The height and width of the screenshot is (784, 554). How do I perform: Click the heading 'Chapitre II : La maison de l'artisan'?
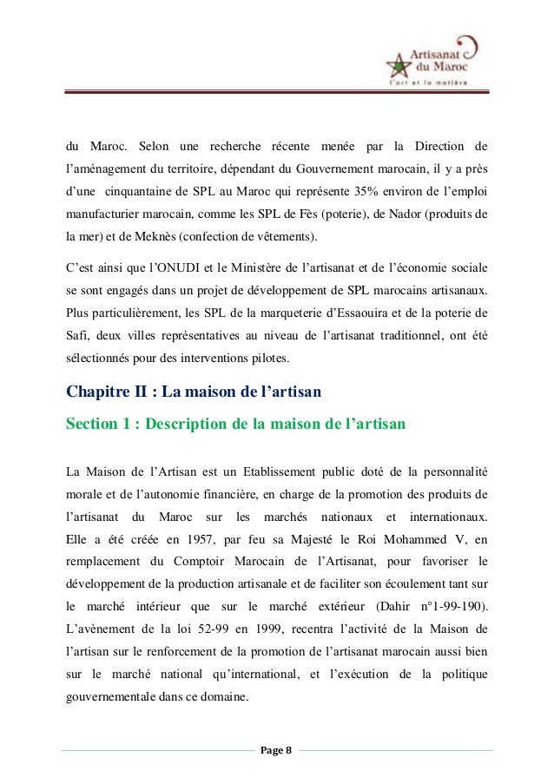click(195, 392)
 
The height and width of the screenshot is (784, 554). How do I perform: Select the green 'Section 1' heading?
click(235, 424)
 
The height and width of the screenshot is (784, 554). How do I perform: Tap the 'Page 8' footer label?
click(277, 748)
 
